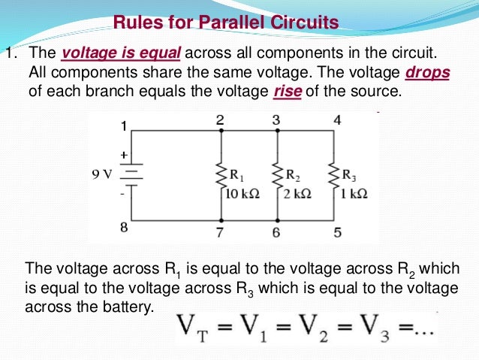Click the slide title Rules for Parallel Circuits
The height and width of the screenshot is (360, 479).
(226, 23)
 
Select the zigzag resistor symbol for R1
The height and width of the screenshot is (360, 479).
(221, 176)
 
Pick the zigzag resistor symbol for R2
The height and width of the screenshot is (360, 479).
(277, 176)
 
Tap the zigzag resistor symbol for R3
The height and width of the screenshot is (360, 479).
(333, 176)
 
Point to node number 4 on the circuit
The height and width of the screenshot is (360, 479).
(337, 120)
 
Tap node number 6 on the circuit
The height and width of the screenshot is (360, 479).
(276, 233)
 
